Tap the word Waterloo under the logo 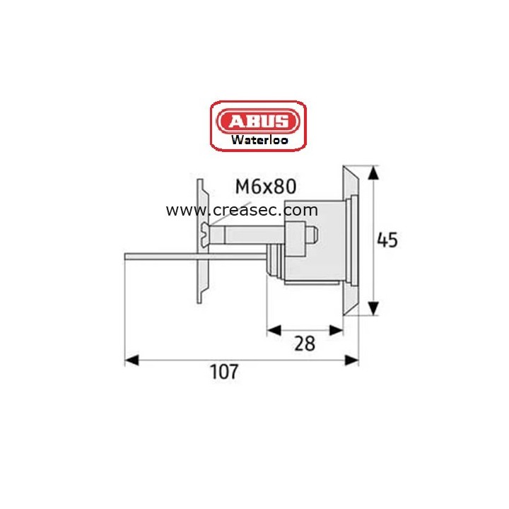[x=258, y=139]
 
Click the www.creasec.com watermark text [x=242, y=210]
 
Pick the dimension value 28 [x=304, y=344]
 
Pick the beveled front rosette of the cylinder [x=351, y=240]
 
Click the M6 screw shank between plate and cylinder [x=247, y=233]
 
